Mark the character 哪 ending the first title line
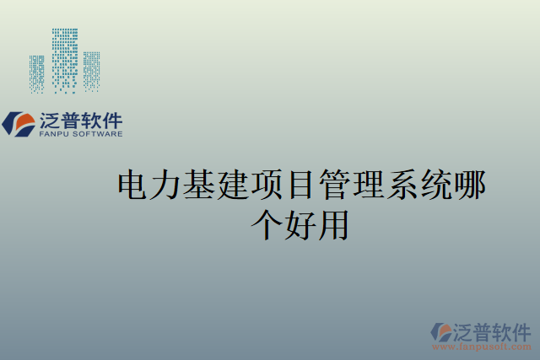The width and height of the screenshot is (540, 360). point(470,185)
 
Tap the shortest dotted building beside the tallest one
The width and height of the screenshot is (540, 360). point(36,73)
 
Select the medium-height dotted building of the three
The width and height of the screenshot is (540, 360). point(91,70)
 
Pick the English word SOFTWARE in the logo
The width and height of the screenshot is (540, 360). point(99,133)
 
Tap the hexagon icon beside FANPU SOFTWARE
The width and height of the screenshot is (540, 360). point(18,124)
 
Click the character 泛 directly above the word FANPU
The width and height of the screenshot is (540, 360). point(50,119)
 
